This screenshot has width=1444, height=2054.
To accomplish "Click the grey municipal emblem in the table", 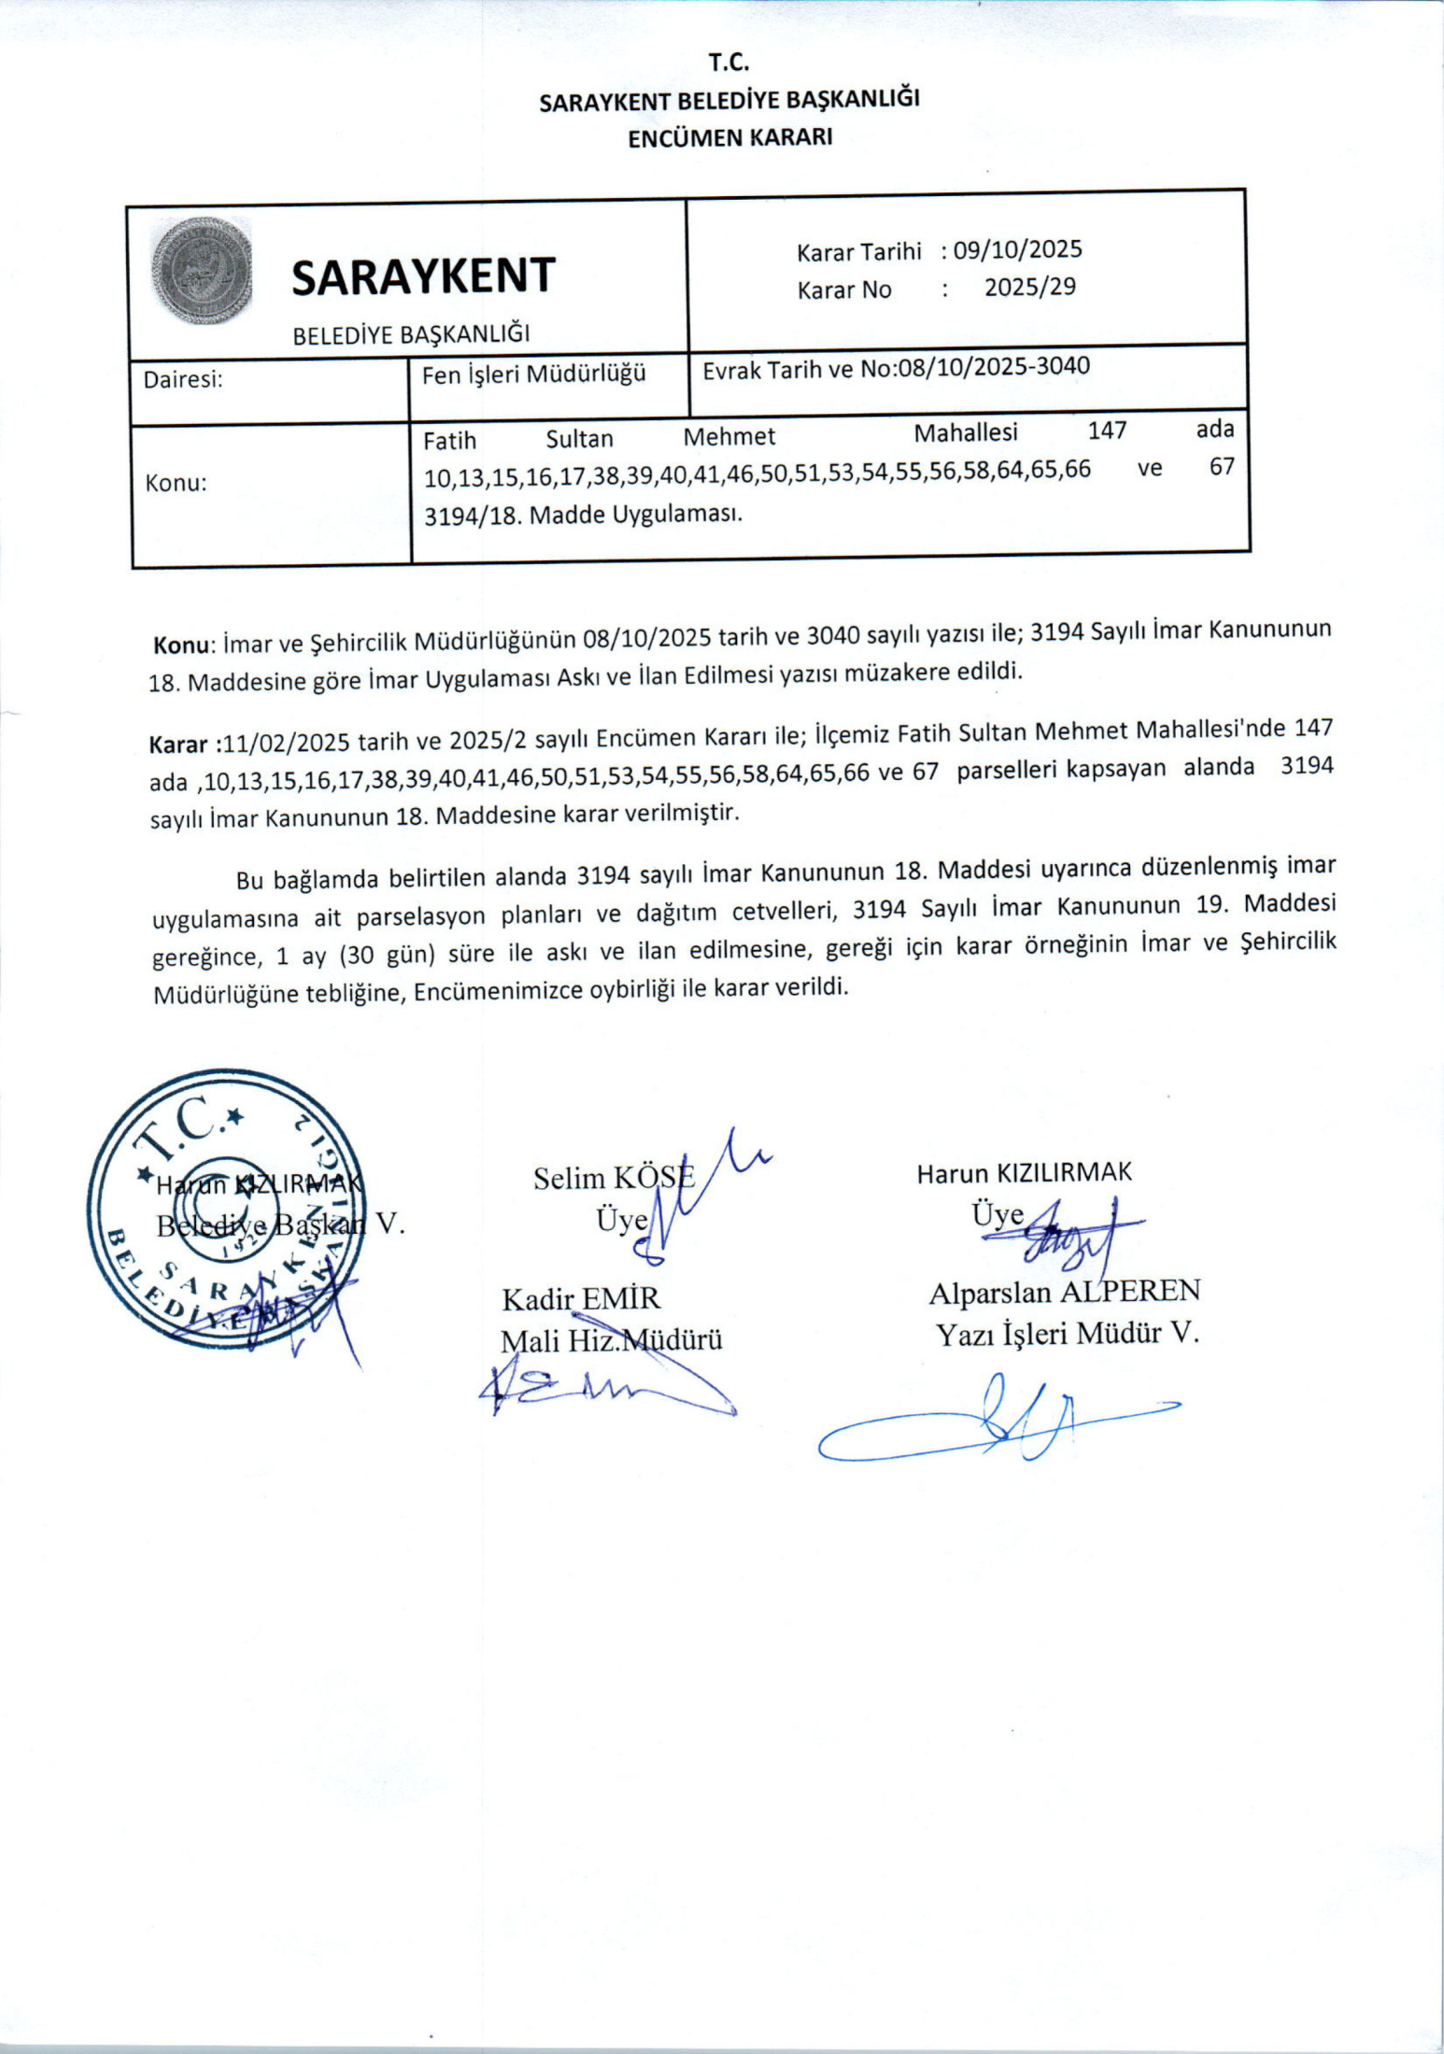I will [202, 271].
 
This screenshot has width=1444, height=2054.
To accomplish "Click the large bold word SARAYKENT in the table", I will [423, 277].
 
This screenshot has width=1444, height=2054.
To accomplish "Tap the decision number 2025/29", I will [1029, 288].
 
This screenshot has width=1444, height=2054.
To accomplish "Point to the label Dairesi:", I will [183, 380].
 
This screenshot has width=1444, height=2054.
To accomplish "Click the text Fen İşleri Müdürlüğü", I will [534, 375].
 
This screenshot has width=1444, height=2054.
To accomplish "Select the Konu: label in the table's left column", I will [176, 484].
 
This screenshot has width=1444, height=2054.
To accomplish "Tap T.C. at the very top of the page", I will [729, 64].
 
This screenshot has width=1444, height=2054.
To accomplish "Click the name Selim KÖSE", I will [614, 1178].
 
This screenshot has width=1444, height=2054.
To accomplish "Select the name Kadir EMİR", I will [581, 1299].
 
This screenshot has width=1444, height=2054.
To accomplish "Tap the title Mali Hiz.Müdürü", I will [612, 1341].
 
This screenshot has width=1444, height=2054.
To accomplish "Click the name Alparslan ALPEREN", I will [1064, 1293].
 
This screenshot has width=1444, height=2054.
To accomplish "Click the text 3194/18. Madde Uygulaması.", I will [583, 515].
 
